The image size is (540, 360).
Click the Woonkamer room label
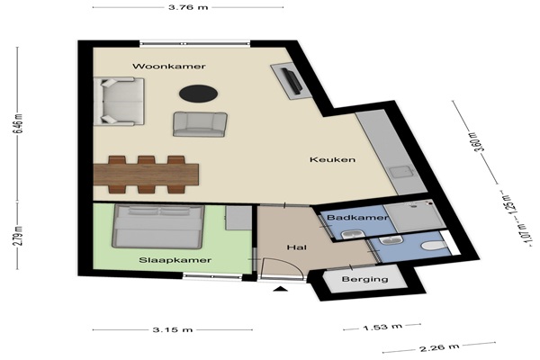(x=169, y=66)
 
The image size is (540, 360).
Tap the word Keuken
(x=332, y=159)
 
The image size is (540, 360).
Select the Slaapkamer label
(x=175, y=260)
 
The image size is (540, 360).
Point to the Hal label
(x=297, y=247)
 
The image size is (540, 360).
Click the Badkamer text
(x=357, y=218)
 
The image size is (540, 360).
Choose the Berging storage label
(x=364, y=279)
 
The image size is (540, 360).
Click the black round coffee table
(x=198, y=93)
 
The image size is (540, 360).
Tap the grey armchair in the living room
(x=200, y=124)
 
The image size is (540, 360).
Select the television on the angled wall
(x=292, y=80)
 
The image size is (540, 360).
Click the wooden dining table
(x=146, y=175)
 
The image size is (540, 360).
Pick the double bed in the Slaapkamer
(x=157, y=226)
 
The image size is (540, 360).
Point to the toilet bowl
(x=434, y=246)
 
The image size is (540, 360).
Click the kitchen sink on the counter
(x=403, y=171)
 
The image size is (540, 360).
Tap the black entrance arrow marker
(x=280, y=289)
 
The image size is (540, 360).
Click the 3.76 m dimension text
(x=188, y=7)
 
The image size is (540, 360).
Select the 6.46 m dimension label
(x=18, y=124)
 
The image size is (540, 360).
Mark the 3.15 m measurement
(x=173, y=329)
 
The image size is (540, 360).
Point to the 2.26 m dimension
(x=439, y=347)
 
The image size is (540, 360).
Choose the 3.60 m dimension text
(x=479, y=142)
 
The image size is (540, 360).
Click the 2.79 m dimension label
(x=18, y=236)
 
